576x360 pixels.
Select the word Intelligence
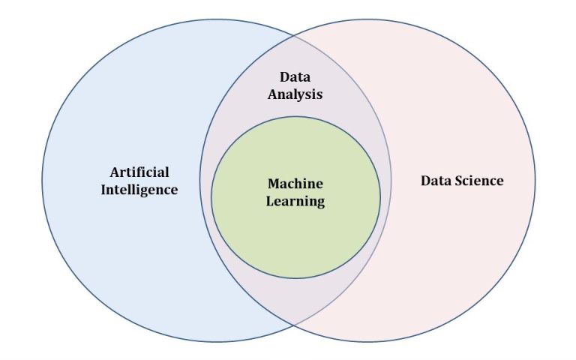(139, 190)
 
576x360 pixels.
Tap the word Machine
(295, 184)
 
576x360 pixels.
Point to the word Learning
(295, 201)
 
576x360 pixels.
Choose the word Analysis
(295, 94)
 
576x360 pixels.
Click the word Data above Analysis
(295, 77)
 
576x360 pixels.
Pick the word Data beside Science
(436, 181)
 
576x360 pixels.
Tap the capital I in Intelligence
(103, 190)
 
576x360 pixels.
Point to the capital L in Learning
(270, 201)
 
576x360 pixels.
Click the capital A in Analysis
(272, 94)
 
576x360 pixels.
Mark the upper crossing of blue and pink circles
(295, 34)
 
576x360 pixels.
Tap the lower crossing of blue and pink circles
(295, 325)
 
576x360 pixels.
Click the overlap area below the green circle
(295, 300)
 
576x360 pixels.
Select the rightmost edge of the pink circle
(535, 181)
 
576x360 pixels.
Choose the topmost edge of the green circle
(295, 116)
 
